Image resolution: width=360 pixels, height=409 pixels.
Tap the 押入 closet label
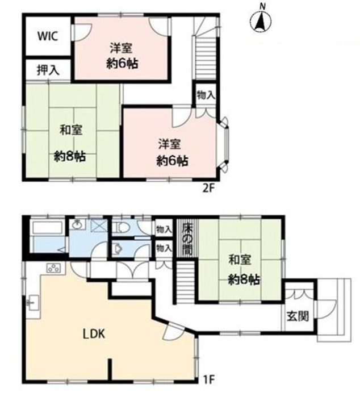[47, 70]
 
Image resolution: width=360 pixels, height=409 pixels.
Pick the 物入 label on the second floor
[205, 95]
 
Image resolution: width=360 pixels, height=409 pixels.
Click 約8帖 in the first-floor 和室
[244, 279]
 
